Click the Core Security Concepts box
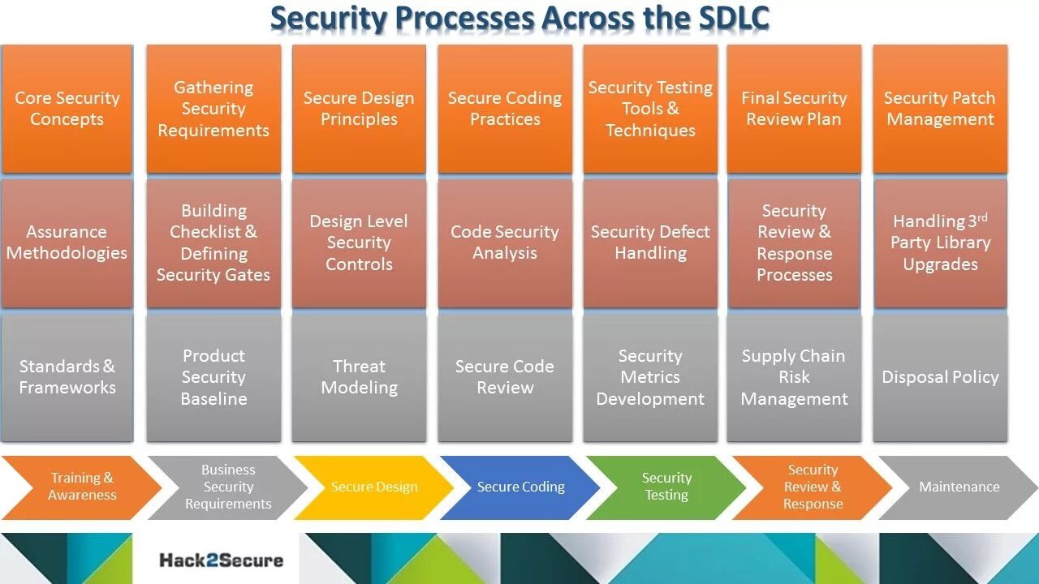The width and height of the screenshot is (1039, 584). click(x=67, y=109)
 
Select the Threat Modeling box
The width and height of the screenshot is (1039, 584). click(x=359, y=377)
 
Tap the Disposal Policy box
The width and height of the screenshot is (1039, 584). click(x=940, y=377)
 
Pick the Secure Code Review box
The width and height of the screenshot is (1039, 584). click(x=504, y=377)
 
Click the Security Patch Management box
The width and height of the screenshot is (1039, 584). click(x=940, y=109)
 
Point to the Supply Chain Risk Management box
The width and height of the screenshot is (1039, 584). click(x=794, y=377)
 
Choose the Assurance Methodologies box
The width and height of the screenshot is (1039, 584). click(x=67, y=243)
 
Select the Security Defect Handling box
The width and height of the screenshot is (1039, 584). click(x=649, y=243)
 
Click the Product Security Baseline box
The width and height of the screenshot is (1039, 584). click(x=213, y=377)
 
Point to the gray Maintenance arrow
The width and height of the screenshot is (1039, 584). click(x=959, y=487)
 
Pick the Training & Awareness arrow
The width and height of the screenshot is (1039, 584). click(x=81, y=487)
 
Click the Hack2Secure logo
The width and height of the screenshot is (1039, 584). click(x=221, y=560)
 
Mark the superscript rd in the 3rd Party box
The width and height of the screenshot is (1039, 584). click(x=981, y=217)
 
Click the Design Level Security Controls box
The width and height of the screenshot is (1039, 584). click(x=359, y=243)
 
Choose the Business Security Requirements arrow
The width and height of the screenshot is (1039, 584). click(x=228, y=487)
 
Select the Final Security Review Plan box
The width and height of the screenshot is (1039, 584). click(x=794, y=109)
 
